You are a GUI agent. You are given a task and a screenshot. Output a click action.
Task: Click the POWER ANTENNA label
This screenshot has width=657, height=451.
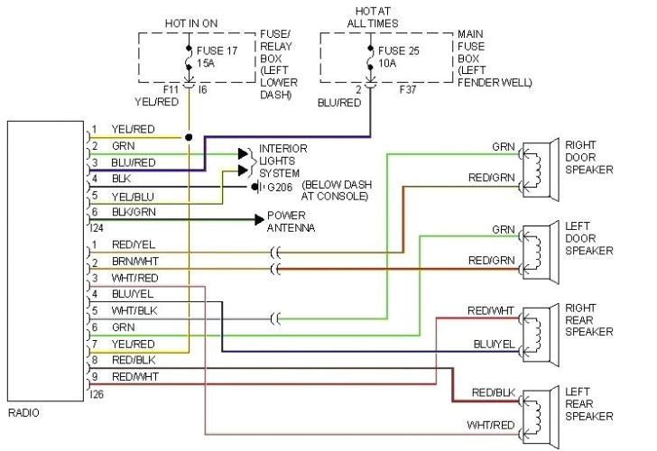pyautogui.click(x=287, y=222)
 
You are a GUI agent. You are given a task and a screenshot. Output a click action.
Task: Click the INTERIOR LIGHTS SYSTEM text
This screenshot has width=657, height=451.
pyautogui.click(x=283, y=160)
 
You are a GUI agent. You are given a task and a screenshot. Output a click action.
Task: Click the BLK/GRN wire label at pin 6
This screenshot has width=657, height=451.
pyautogui.click(x=134, y=212)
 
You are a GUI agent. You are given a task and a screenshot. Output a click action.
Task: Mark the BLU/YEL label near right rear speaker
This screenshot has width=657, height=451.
pyautogui.click(x=493, y=344)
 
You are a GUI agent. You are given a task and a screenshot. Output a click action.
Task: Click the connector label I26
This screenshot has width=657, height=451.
pyautogui.click(x=97, y=393)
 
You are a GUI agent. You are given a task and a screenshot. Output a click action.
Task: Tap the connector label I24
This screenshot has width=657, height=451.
pyautogui.click(x=97, y=228)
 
